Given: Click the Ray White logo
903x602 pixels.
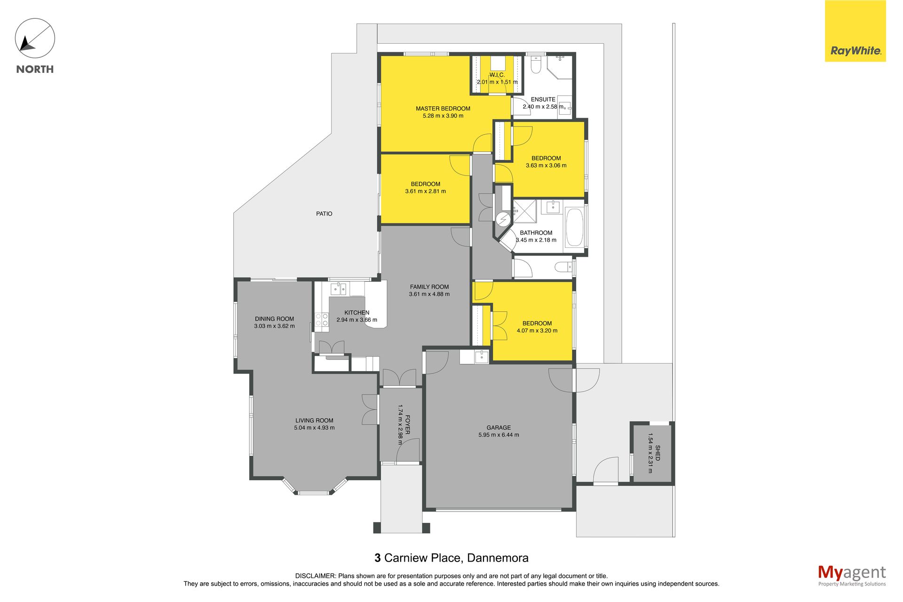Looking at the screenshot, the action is [x=855, y=31].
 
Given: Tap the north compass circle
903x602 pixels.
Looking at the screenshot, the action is [x=35, y=38].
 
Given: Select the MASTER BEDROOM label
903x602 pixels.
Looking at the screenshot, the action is [x=443, y=109].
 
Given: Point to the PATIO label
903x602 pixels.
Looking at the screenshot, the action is [x=324, y=214].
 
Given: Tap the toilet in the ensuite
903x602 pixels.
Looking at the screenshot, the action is [x=536, y=65].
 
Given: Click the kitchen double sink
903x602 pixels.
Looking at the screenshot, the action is [x=338, y=288].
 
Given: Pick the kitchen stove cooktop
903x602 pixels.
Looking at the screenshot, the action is [x=322, y=320].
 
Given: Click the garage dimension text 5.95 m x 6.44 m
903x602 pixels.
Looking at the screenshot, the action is [x=499, y=435].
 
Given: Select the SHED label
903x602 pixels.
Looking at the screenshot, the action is [x=657, y=453].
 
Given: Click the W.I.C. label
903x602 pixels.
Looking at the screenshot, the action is [x=497, y=75].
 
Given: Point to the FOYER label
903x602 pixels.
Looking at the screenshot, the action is [x=407, y=424].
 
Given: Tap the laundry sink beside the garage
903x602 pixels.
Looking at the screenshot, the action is [x=482, y=356].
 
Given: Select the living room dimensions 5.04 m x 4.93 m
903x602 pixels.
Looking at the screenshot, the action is [x=314, y=428].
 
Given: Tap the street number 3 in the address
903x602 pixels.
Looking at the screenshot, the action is [x=377, y=558].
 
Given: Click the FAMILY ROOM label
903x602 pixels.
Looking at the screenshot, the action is [x=429, y=287].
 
